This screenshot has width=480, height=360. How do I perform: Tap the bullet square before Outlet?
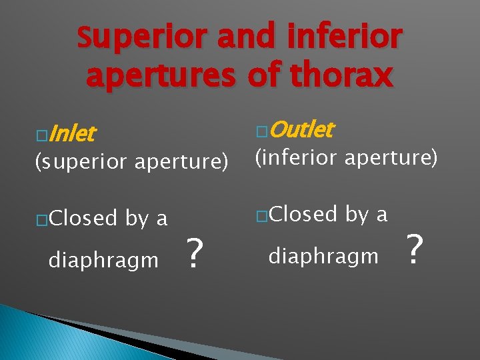click(x=261, y=131)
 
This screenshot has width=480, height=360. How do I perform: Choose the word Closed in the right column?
click(x=303, y=214)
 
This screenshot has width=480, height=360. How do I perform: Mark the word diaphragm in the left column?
click(x=103, y=260)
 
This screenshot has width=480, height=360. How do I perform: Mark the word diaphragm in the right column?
click(x=323, y=256)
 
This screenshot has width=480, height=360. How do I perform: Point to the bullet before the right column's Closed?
click(x=261, y=216)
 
